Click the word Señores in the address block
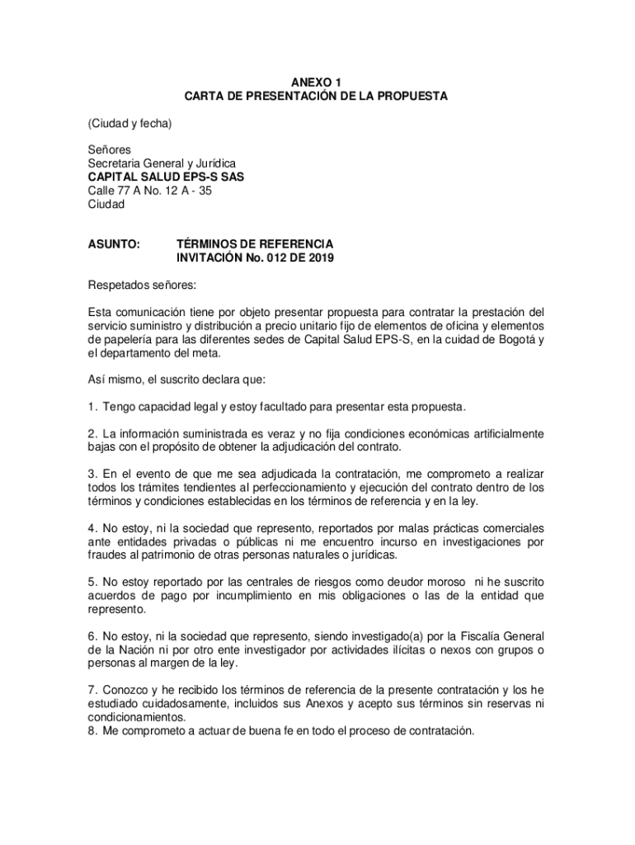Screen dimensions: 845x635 click(110, 150)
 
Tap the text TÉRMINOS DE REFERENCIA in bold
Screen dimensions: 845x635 click(256, 244)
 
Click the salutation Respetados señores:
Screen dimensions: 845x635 click(143, 286)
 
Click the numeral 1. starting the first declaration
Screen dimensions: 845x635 click(93, 407)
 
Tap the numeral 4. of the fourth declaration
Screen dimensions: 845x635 click(93, 528)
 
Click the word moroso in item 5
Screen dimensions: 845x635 click(455, 583)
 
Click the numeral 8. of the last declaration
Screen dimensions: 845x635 click(93, 731)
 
